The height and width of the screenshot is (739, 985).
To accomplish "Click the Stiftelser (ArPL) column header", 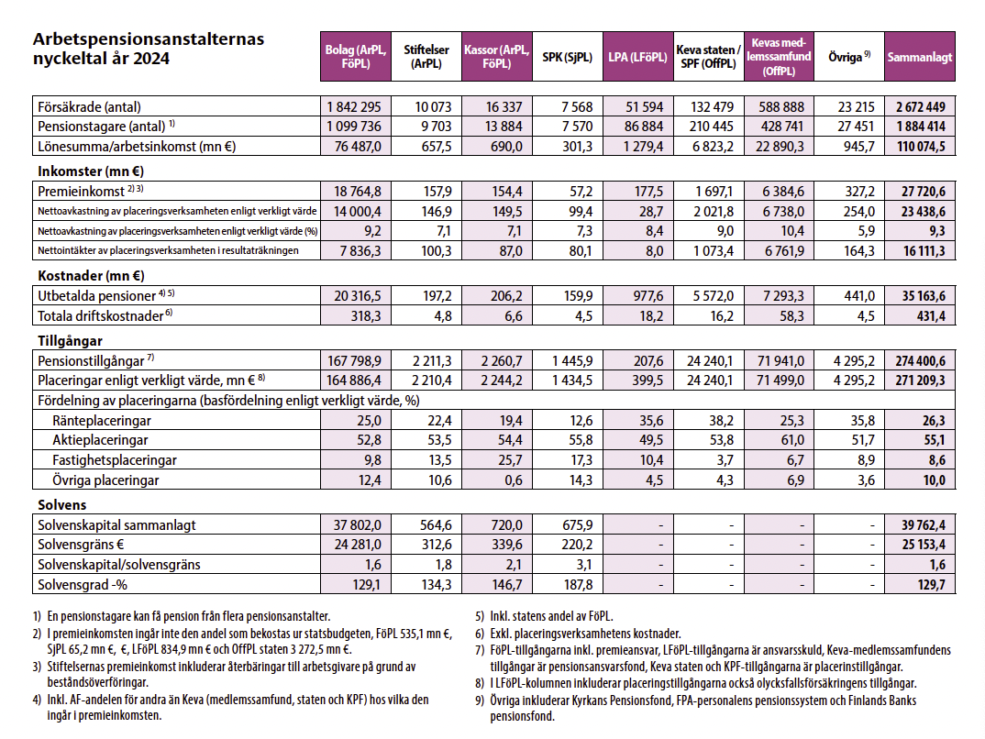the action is tap(426, 57).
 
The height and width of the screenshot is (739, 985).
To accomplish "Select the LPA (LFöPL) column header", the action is tap(637, 57).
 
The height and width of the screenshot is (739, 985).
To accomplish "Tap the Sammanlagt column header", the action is tap(920, 57).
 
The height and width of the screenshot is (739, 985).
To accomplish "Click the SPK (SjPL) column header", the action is tap(568, 57).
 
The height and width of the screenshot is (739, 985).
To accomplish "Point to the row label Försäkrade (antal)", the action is tap(89, 106).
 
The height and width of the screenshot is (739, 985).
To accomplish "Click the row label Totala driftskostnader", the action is tap(101, 315).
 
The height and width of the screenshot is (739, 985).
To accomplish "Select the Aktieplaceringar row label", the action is tap(101, 440).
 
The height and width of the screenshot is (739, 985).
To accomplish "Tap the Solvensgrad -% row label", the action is tap(83, 585).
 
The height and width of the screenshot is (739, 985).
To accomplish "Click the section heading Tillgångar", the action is tap(70, 341).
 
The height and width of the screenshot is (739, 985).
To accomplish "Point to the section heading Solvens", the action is tap(62, 505).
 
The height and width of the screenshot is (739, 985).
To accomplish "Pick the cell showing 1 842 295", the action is tap(354, 106).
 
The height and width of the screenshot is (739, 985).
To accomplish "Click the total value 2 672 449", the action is tap(920, 106).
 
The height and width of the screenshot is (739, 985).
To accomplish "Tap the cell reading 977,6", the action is tap(645, 296).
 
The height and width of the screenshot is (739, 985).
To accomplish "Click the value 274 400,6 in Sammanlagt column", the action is tap(920, 361).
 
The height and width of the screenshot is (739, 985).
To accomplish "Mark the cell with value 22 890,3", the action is tap(780, 147).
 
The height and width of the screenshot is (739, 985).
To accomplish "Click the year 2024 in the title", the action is tap(151, 59).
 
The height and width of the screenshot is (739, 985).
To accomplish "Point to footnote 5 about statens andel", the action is tap(544, 616).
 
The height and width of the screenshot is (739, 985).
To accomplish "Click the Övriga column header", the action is tap(849, 57).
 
